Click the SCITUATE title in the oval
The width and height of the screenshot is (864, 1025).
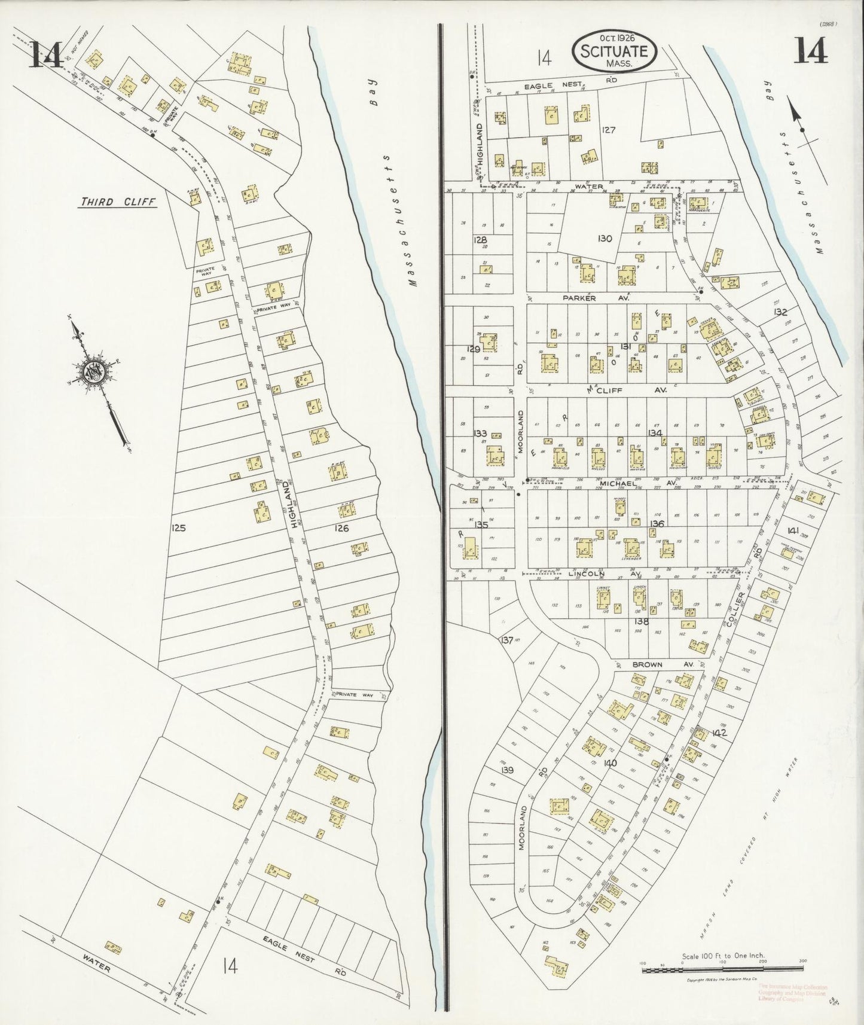[x=614, y=51]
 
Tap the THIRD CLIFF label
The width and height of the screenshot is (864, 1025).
[x=118, y=202]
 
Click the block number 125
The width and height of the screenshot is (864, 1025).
[x=178, y=528]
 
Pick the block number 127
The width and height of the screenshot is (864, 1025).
[x=609, y=129]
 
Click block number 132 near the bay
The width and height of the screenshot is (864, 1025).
[x=780, y=312]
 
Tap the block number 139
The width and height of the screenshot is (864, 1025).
[x=508, y=770]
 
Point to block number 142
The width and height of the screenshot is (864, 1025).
[x=719, y=733]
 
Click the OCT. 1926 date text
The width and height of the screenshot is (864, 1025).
[x=613, y=37]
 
